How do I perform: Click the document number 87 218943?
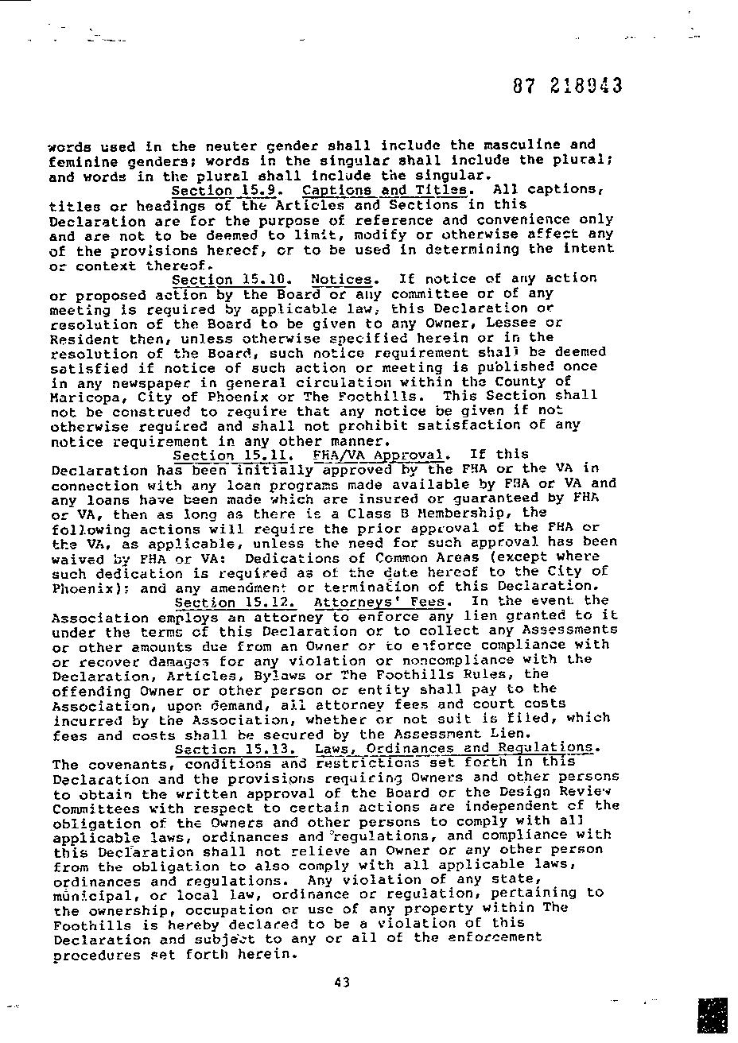pyautogui.click(x=567, y=86)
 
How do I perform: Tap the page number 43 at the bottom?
pyautogui.click(x=342, y=983)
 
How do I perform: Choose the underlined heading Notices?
pyautogui.click(x=341, y=280)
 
